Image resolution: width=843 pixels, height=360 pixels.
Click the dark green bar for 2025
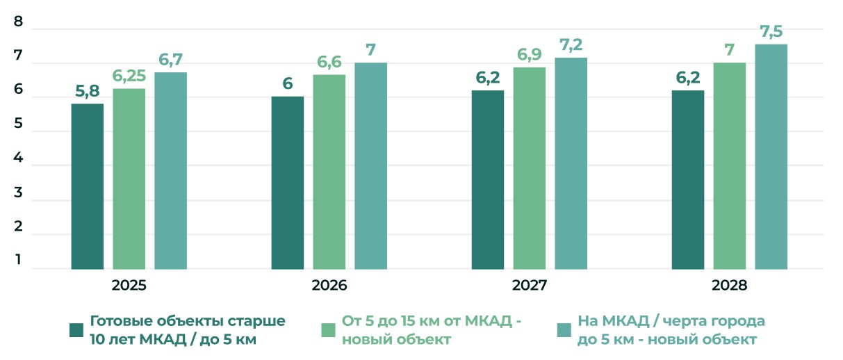[x=88, y=186]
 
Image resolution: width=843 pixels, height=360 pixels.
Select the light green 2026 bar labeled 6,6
[x=329, y=172]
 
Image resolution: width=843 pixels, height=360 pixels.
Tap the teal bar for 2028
[x=771, y=156]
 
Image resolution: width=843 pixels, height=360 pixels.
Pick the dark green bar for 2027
[x=488, y=179]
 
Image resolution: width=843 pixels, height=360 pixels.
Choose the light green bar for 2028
[x=729, y=165]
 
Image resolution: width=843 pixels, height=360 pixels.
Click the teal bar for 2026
[x=370, y=165]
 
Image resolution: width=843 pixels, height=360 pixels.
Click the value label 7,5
[x=771, y=32]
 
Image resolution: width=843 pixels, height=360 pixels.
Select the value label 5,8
[x=88, y=92]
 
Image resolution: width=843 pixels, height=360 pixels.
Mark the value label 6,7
[x=171, y=60]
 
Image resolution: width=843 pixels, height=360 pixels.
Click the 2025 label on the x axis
[x=129, y=285]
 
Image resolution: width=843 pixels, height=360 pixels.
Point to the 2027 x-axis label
[x=530, y=285]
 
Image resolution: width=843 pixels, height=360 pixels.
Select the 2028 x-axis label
[x=729, y=285]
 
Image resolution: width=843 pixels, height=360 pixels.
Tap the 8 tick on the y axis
[x=19, y=22]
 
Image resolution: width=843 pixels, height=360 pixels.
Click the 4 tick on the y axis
[x=19, y=158]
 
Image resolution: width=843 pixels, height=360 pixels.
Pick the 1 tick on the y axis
[x=19, y=261]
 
